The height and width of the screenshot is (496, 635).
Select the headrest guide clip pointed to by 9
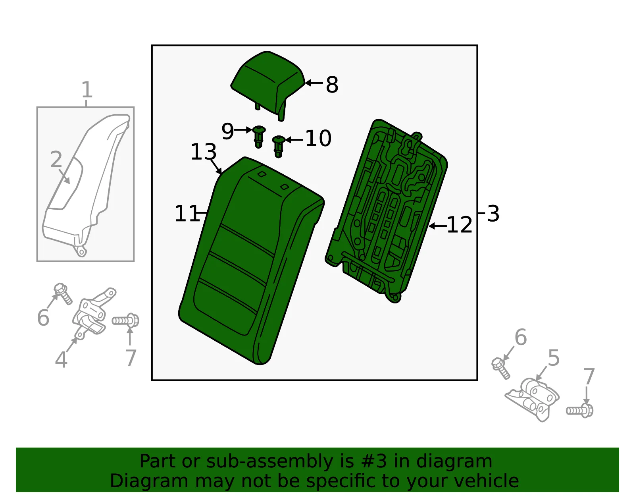[x=259, y=137]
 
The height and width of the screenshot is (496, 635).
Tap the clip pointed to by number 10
[x=279, y=147]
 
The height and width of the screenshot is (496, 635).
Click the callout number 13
[x=203, y=152]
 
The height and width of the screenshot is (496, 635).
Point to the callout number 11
[x=187, y=213]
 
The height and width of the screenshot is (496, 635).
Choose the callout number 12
[x=459, y=225]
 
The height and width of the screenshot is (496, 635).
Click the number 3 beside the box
[x=493, y=214]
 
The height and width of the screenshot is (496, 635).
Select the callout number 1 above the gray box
[x=87, y=90]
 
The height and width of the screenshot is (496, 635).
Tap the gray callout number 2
[x=56, y=159]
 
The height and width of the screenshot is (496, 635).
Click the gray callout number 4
[x=61, y=359]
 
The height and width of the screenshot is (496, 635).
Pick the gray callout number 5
[x=554, y=357]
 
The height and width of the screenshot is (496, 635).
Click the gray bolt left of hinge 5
[x=500, y=368]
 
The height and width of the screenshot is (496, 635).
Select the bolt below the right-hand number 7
[x=579, y=410]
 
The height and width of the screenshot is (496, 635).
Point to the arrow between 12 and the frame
[x=437, y=226]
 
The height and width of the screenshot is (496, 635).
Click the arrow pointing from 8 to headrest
[x=314, y=83]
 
